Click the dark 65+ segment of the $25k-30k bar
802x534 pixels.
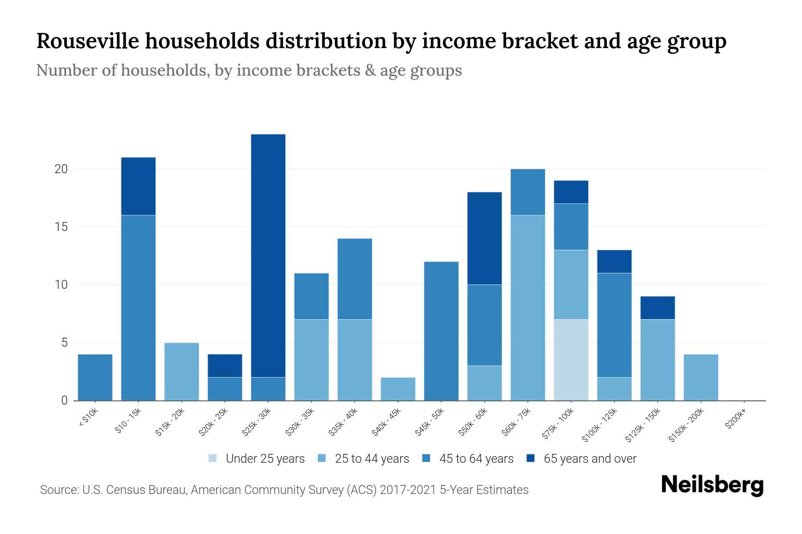click(x=268, y=256)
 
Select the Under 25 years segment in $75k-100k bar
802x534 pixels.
click(x=571, y=360)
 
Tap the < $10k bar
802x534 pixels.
click(x=95, y=377)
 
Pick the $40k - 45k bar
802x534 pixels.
click(x=398, y=389)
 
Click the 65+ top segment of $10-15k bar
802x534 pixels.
click(x=138, y=186)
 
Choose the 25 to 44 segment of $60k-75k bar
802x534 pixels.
click(x=528, y=308)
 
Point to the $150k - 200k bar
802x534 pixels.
click(x=700, y=377)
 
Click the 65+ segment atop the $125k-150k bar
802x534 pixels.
click(x=657, y=307)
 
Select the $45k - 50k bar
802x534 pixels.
click(x=441, y=331)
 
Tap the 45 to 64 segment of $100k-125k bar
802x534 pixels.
click(x=614, y=325)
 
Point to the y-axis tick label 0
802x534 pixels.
click(x=64, y=400)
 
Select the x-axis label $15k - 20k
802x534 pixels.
click(x=170, y=423)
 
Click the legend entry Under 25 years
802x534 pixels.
click(x=265, y=459)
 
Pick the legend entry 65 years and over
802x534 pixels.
click(x=589, y=459)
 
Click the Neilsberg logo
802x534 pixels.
click(x=712, y=485)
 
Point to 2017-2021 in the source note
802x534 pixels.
click(x=408, y=490)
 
